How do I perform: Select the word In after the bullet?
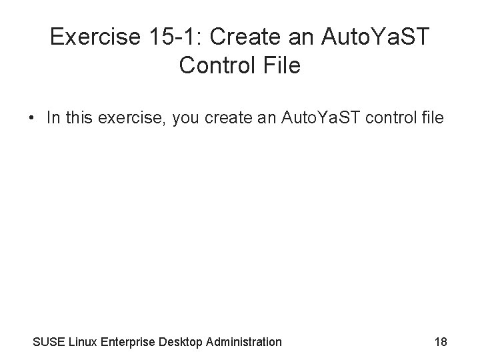click(53, 119)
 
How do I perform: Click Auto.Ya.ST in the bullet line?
click(319, 119)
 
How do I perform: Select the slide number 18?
click(440, 342)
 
